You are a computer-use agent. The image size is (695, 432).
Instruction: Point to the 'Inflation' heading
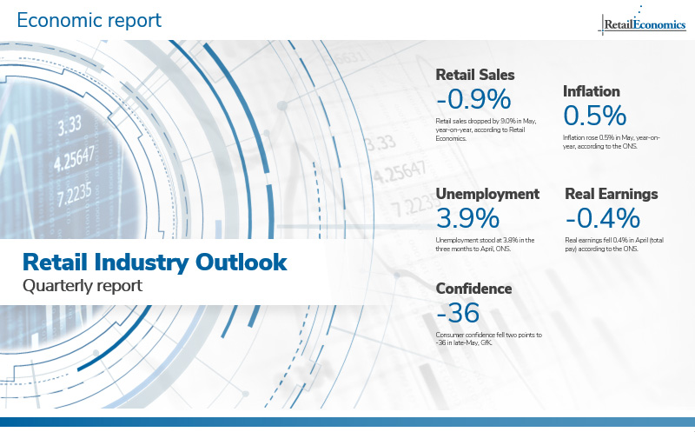click(x=591, y=91)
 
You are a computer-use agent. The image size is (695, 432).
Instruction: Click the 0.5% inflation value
click(x=595, y=116)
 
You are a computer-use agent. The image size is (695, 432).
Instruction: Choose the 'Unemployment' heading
click(x=487, y=194)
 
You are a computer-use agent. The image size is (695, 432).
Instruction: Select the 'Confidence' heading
click(x=473, y=289)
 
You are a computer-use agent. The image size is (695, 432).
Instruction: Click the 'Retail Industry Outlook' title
click(x=153, y=262)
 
